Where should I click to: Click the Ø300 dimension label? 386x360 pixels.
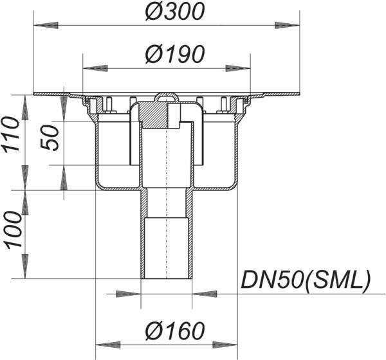(174, 12)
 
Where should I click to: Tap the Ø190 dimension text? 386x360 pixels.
(175, 54)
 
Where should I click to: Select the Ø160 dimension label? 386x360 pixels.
(175, 330)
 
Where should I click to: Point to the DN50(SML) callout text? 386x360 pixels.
(306, 280)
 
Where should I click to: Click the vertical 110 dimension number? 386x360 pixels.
(11, 135)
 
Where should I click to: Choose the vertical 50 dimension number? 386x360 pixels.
(50, 138)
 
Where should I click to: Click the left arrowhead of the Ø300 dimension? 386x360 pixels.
(46, 25)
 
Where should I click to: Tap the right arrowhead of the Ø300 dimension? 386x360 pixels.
(287, 25)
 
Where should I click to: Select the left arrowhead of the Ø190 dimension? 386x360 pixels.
(95, 68)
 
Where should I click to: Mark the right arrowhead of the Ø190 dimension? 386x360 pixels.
(238, 68)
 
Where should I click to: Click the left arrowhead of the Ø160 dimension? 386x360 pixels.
(108, 345)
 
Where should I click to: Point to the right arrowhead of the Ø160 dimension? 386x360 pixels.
(225, 345)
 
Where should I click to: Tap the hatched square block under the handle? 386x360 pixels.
(155, 115)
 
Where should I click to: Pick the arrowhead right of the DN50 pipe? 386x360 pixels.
(205, 294)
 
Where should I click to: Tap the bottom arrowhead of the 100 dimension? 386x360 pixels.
(25, 267)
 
